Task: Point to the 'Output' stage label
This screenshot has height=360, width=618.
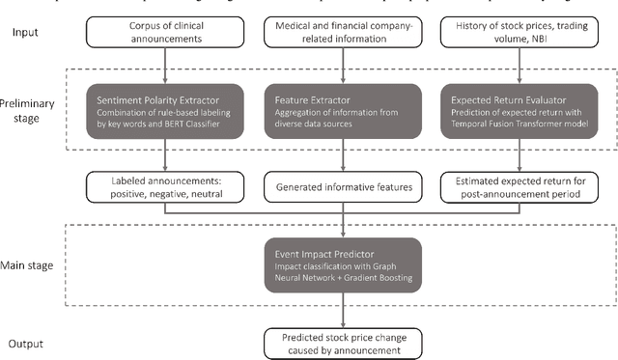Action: click(x=29, y=344)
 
